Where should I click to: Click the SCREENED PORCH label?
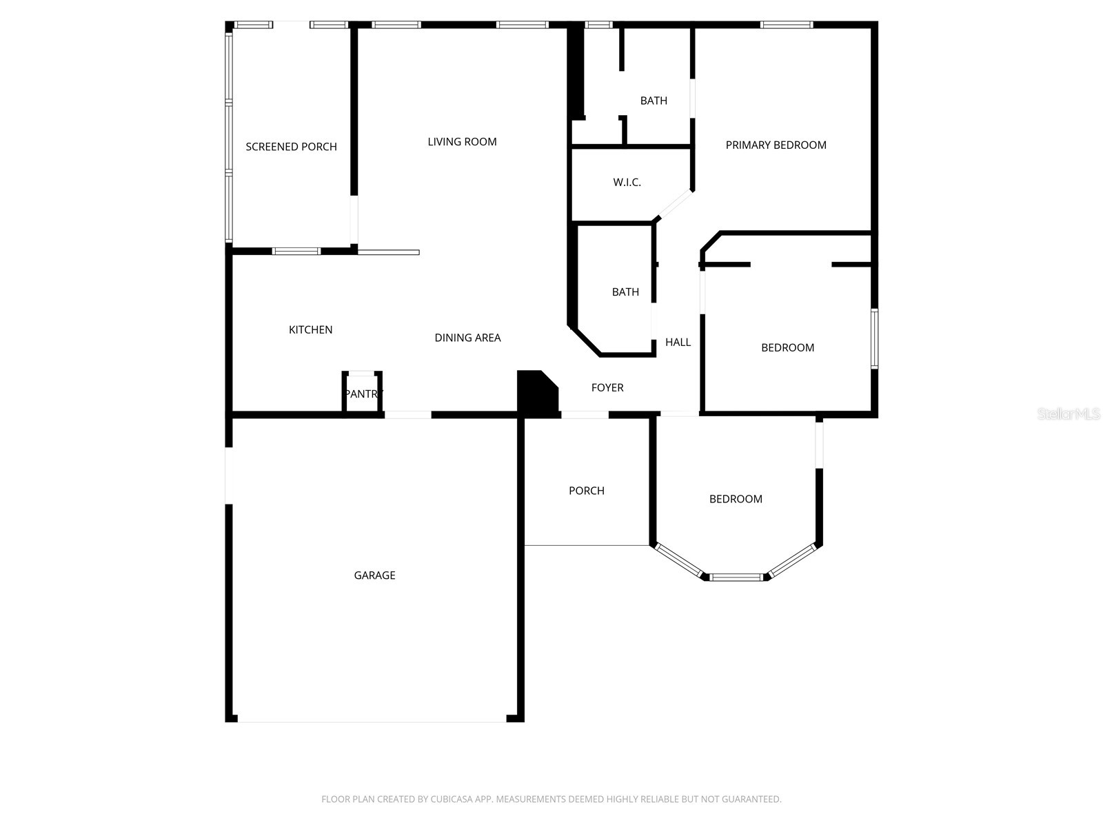[x=291, y=147]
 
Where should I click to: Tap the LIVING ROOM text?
[x=462, y=141]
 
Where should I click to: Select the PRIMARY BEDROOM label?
[x=776, y=145]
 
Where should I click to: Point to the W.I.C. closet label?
[x=627, y=182]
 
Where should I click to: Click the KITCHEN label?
[x=310, y=330]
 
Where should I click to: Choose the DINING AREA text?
[x=467, y=338]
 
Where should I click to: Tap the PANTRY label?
[x=363, y=394]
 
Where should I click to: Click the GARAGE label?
[x=374, y=575]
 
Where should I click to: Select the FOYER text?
[x=607, y=387]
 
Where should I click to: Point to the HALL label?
[x=678, y=343]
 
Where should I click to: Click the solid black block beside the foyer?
[x=537, y=394]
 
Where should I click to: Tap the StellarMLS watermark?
[x=1069, y=413]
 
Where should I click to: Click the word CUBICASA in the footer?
[x=449, y=799]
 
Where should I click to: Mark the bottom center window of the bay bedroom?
[x=736, y=578]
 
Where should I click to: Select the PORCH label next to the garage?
[x=587, y=491]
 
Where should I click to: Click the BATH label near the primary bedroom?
[x=654, y=101]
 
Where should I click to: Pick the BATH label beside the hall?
[x=625, y=292]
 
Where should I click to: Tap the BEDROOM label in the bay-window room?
[x=736, y=499]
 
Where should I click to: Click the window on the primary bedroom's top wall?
[x=787, y=25]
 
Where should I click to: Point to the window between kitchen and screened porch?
[x=296, y=251]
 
